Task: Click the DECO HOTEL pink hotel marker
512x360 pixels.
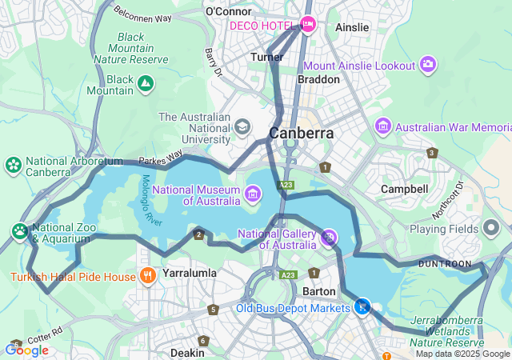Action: point(308,26)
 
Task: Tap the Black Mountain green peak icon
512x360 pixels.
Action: point(146,82)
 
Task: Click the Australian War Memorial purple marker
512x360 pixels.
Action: point(383,126)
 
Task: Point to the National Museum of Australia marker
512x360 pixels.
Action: point(253,193)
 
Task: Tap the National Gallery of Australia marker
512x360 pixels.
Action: point(328,237)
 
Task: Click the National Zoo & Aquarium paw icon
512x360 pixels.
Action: point(20,231)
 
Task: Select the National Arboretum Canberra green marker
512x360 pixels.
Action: point(14,166)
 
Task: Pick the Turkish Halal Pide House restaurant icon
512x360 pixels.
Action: point(147,277)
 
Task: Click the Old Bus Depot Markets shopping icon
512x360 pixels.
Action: point(362,306)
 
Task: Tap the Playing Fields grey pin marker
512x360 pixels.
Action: point(491,228)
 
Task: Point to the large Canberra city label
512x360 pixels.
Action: point(302,134)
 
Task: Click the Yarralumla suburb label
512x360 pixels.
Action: point(190,273)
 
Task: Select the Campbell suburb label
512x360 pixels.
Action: point(404,189)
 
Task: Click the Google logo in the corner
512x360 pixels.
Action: point(26,350)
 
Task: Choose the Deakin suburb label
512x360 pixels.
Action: point(186,352)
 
